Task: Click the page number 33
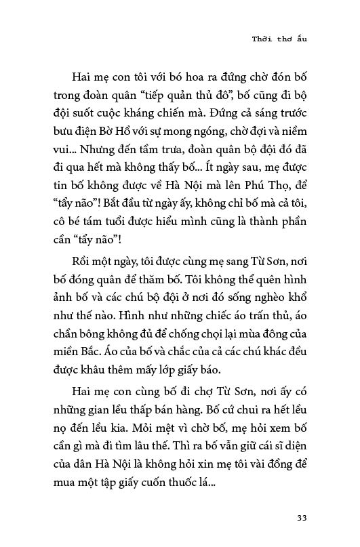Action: (302, 519)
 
